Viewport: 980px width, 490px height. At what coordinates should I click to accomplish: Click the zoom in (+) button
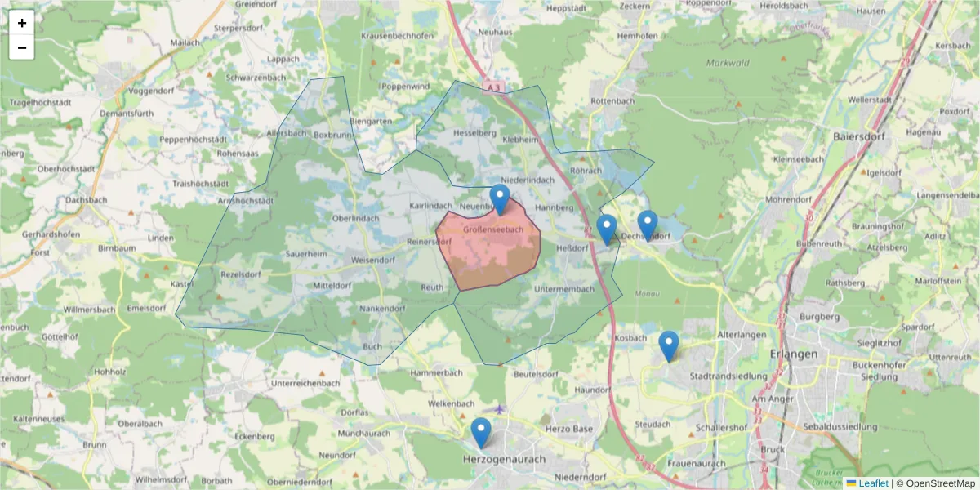tap(22, 23)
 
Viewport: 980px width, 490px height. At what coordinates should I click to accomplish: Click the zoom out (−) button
tap(22, 47)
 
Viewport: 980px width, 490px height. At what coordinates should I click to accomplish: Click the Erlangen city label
tap(793, 354)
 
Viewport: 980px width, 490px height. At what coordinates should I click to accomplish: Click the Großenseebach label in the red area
tap(492, 230)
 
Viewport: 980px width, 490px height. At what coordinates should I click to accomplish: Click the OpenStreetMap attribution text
tap(935, 483)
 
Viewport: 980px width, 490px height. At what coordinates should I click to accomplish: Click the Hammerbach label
tap(437, 372)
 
